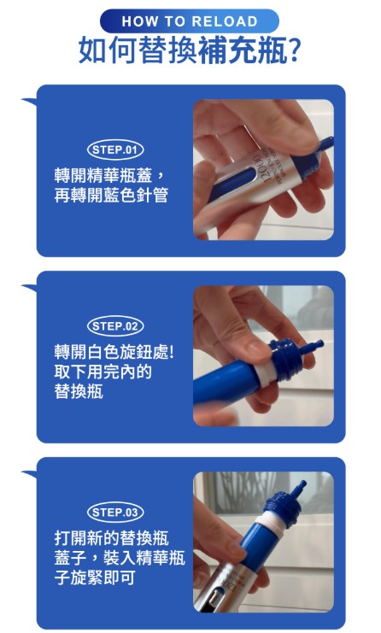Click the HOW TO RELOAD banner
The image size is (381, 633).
point(190,21)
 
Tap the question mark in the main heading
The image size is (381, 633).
point(294,50)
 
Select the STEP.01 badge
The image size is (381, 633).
point(115,149)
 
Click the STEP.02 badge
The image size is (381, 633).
point(115,326)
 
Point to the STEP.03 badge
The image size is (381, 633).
point(115,513)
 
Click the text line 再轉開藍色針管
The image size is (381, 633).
point(111,196)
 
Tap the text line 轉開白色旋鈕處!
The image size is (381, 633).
point(114,353)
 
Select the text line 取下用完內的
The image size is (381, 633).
point(103,372)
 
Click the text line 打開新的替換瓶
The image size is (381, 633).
point(111,538)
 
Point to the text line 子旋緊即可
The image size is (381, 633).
point(95,577)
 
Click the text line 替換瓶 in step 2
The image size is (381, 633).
point(79,391)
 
